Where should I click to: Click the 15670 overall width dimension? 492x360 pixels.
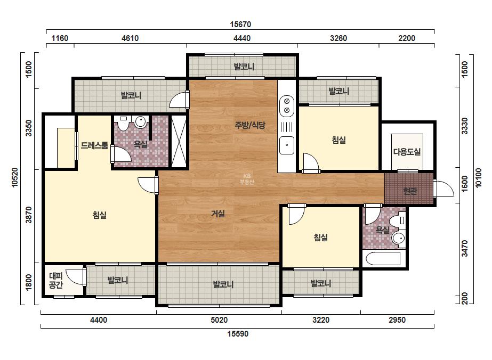click(x=240, y=24)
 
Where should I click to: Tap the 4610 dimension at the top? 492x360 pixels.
click(x=130, y=38)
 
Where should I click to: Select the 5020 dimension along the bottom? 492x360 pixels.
click(x=219, y=320)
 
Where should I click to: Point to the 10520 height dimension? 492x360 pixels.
click(x=15, y=177)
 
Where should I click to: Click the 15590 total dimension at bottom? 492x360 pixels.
click(x=238, y=334)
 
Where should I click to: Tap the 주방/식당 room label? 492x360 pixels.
click(x=250, y=125)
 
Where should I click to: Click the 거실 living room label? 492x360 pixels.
click(x=218, y=214)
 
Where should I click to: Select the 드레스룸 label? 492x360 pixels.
click(x=94, y=145)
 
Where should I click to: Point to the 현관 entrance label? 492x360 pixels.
click(x=409, y=191)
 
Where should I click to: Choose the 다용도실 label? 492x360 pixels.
click(x=407, y=152)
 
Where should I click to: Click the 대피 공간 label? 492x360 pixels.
click(x=56, y=280)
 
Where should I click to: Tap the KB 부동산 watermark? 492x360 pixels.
click(x=247, y=179)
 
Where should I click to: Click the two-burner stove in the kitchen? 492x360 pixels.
click(x=286, y=105)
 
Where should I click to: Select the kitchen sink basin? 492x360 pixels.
click(x=287, y=145)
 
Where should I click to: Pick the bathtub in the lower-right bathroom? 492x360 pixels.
click(x=383, y=259)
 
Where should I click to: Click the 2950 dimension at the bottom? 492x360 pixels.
click(x=397, y=320)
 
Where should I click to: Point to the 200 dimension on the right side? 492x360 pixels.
click(x=465, y=298)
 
